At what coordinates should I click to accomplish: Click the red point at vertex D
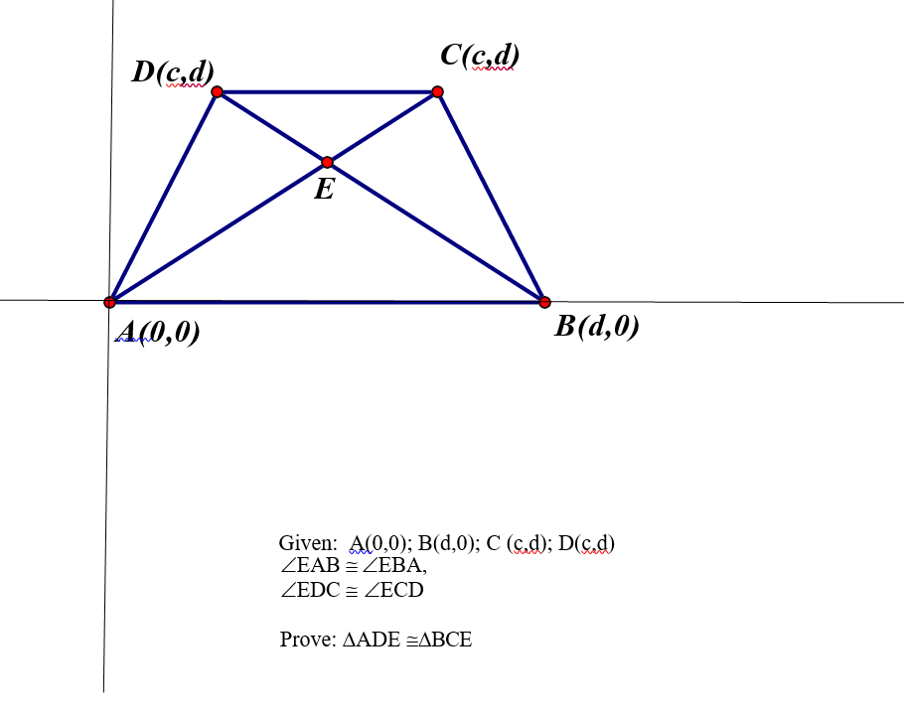pyautogui.click(x=218, y=92)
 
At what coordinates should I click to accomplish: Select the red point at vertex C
pyautogui.click(x=437, y=92)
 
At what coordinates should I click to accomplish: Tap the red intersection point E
pyautogui.click(x=327, y=162)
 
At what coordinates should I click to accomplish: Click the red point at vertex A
pyautogui.click(x=110, y=301)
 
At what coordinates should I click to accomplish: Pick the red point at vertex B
pyautogui.click(x=544, y=301)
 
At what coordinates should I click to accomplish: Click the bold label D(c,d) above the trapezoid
pyautogui.click(x=173, y=71)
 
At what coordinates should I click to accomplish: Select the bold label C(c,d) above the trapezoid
pyautogui.click(x=480, y=55)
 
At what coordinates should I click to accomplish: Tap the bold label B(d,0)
pyautogui.click(x=596, y=326)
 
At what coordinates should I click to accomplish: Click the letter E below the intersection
pyautogui.click(x=324, y=189)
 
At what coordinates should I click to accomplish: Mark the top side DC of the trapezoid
pyautogui.click(x=328, y=92)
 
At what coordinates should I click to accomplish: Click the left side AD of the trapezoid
pyautogui.click(x=164, y=197)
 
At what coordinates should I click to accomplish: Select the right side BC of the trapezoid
pyautogui.click(x=491, y=197)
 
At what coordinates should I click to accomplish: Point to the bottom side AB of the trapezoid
pyautogui.click(x=328, y=301)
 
